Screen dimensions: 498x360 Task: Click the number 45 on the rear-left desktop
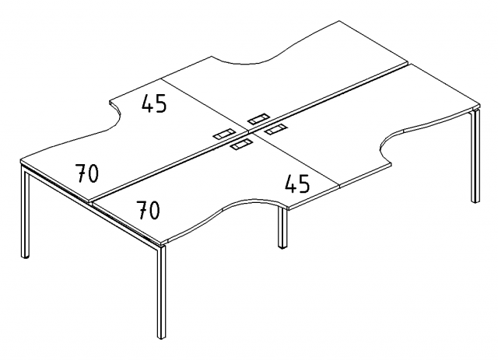tap(154, 103)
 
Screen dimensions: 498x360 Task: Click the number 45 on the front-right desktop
tap(297, 183)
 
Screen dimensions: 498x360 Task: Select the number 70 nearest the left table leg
tap(87, 173)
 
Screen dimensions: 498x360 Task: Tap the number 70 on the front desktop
tap(148, 210)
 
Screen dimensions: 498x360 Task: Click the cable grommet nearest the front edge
tap(241, 145)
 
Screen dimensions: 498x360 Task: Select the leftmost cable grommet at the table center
tap(224, 134)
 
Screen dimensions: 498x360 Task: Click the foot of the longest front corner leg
tap(162, 336)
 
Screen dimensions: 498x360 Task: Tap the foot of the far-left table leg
tap(26, 255)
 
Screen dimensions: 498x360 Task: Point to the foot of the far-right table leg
tap(475, 200)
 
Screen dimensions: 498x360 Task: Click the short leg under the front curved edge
tap(282, 227)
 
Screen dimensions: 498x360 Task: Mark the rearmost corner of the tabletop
tap(339, 22)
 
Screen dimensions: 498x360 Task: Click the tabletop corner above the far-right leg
tap(479, 104)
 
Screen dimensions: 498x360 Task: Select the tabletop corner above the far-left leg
tap(21, 159)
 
